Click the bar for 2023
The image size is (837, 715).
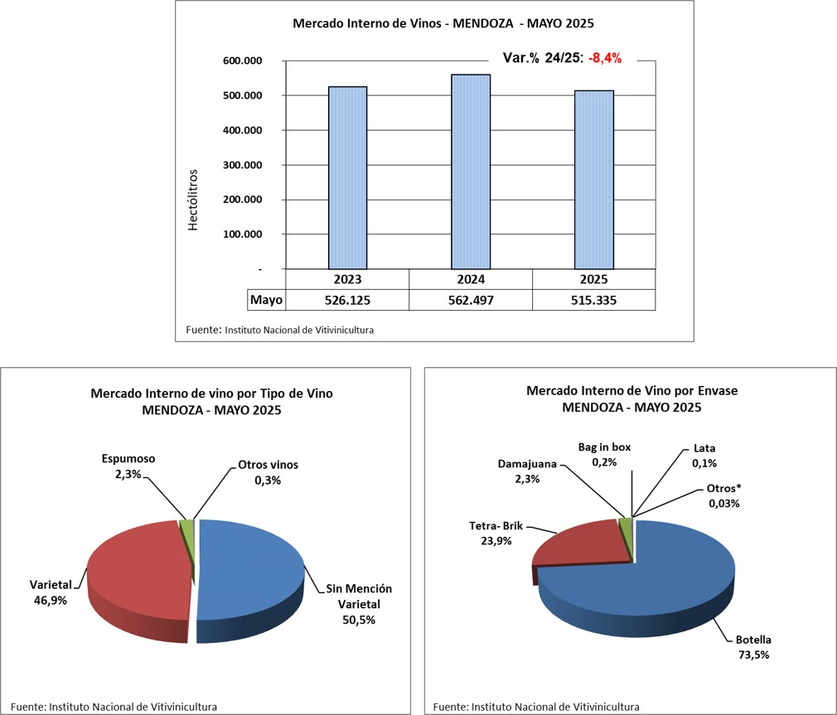point(347,177)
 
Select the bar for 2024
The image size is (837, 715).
point(470,172)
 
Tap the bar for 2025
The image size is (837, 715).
point(593,180)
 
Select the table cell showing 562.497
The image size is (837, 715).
point(470,300)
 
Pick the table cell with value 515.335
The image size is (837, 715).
point(593,300)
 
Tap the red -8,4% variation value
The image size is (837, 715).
point(605,58)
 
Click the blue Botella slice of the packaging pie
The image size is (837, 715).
point(655,580)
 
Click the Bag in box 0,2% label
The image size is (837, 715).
point(604,454)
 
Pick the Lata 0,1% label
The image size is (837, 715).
point(704,457)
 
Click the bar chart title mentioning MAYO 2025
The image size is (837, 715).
point(443,23)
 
